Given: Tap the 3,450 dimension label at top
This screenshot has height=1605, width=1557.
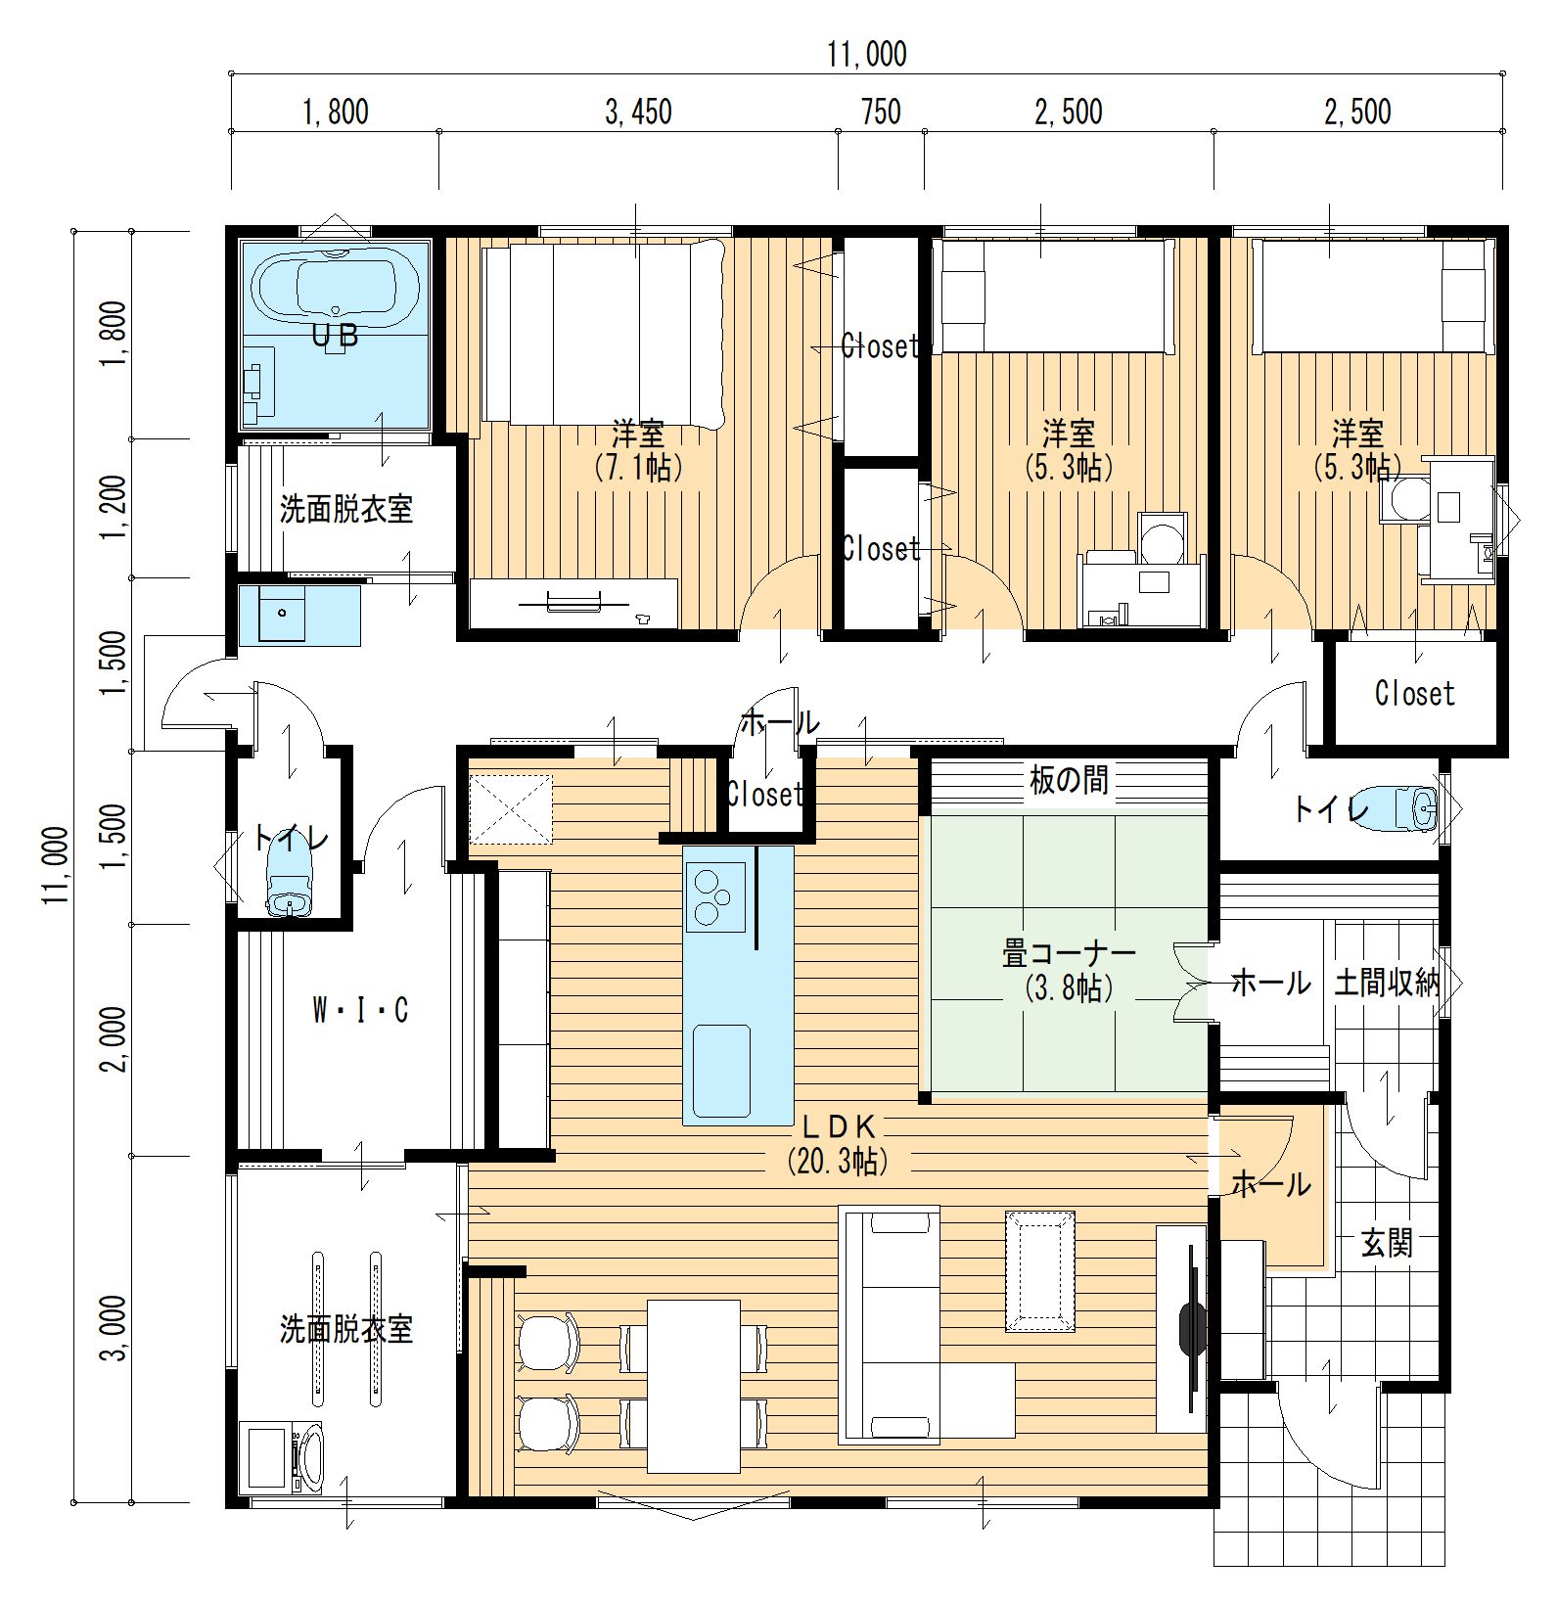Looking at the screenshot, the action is click(638, 113).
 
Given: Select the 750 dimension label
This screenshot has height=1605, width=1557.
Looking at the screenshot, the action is click(881, 112).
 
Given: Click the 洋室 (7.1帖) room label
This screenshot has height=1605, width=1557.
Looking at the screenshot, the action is click(638, 450).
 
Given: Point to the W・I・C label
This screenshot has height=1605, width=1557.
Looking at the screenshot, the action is click(359, 1010).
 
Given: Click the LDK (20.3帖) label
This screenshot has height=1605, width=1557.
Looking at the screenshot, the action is click(838, 1143).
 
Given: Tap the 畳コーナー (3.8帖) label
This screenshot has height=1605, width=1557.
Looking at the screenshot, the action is click(1069, 969).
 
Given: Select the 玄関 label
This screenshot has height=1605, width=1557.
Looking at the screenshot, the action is click(1387, 1244).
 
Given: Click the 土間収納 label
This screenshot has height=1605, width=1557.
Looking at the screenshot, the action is click(1387, 983).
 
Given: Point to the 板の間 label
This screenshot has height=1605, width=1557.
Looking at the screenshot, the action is click(1069, 780).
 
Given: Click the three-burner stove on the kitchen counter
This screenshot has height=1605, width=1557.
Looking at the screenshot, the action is click(715, 897).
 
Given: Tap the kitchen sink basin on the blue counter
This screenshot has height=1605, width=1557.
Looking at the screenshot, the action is click(721, 1071).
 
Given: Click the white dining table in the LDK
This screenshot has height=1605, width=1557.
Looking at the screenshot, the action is click(693, 1386).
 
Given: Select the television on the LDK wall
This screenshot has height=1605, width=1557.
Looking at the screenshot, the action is click(1192, 1327).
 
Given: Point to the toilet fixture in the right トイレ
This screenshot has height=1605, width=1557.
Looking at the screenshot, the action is click(1401, 808).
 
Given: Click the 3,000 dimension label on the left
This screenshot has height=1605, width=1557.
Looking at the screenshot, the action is click(114, 1328).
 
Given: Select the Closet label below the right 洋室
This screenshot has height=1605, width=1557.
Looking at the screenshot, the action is click(1414, 694).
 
